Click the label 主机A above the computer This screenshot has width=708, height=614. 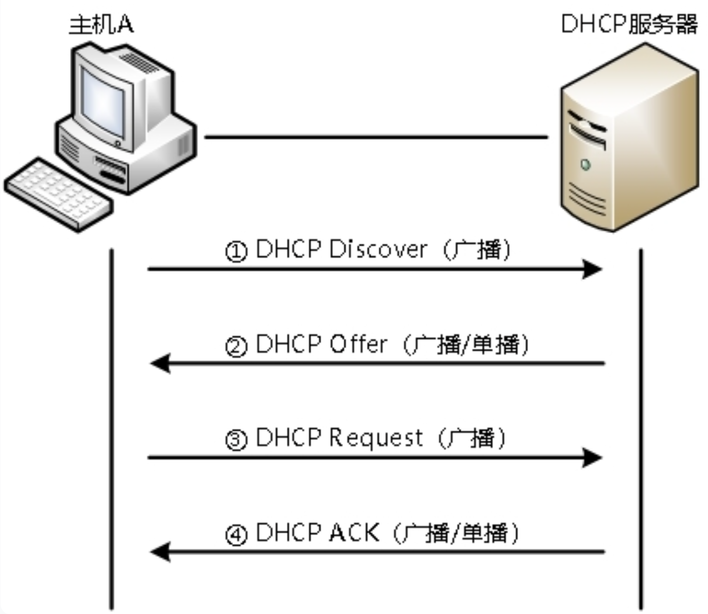point(100,25)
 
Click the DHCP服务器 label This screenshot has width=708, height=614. point(629,25)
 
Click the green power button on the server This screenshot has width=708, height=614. point(585,165)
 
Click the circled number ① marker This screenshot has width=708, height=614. point(236,252)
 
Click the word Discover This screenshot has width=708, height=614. point(377,249)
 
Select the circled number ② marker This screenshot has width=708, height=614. point(236,346)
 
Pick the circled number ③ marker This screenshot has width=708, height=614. point(236,440)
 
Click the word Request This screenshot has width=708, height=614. point(376,438)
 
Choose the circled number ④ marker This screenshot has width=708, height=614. point(236,535)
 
